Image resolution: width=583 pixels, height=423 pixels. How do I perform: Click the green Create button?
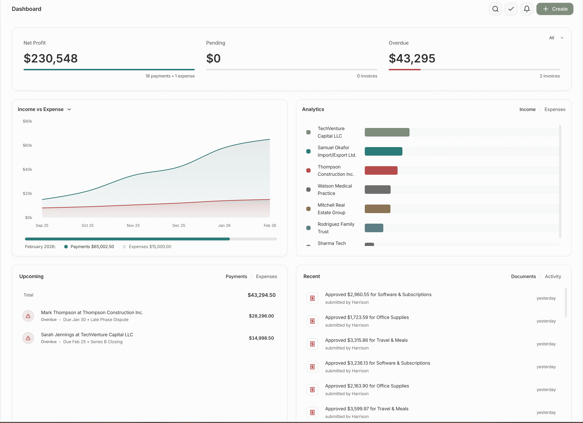tap(554, 9)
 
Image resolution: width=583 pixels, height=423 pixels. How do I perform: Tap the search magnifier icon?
tap(495, 9)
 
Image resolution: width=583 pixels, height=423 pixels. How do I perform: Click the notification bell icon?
tap(526, 9)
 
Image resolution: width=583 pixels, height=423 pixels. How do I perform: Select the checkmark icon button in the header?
tap(511, 9)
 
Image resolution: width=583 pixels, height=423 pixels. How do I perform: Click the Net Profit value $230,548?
tap(51, 58)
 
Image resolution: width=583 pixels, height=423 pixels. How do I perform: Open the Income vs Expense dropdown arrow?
tap(69, 109)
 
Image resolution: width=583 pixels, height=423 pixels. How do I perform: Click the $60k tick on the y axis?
tap(27, 145)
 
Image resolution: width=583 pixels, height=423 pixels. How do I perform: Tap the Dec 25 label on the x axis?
tap(179, 225)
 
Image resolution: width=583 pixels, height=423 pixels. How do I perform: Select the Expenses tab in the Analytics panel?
tap(555, 109)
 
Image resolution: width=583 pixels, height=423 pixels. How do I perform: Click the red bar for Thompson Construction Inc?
tap(381, 170)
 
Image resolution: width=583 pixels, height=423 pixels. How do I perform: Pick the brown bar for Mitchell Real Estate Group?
tap(377, 209)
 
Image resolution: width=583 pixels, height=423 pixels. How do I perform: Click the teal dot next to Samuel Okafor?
tap(308, 151)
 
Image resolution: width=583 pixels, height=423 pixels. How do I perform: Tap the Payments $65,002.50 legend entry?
tap(92, 246)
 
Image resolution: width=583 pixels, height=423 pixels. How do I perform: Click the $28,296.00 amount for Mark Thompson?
tap(261, 316)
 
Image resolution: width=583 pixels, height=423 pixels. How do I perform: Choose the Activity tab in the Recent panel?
tap(553, 276)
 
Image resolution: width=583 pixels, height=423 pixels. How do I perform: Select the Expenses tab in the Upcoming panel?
tap(266, 276)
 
